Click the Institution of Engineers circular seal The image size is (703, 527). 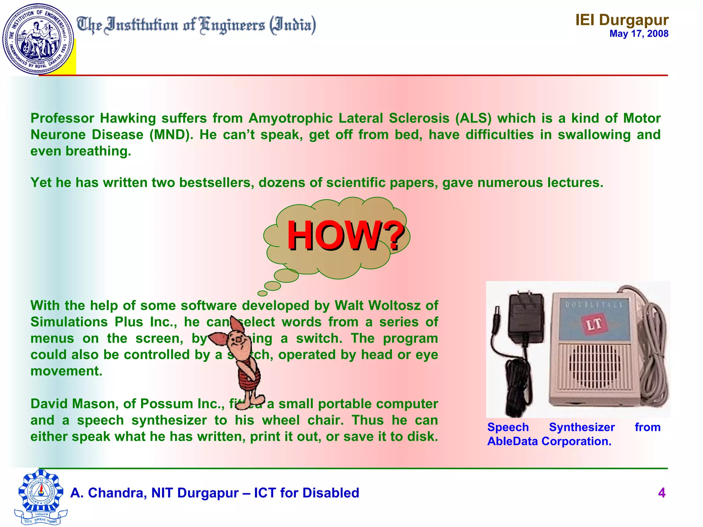point(38,38)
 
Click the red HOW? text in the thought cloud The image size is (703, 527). point(345,236)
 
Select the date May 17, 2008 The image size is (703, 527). point(638,34)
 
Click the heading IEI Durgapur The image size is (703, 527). point(622,20)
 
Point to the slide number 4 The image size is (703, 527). point(661,493)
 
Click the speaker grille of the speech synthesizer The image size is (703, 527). point(595,366)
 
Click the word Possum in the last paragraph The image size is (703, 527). point(165,404)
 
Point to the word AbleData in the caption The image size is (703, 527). point(512,441)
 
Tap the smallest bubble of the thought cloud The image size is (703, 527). point(262,293)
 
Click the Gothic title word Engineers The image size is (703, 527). point(232,25)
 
